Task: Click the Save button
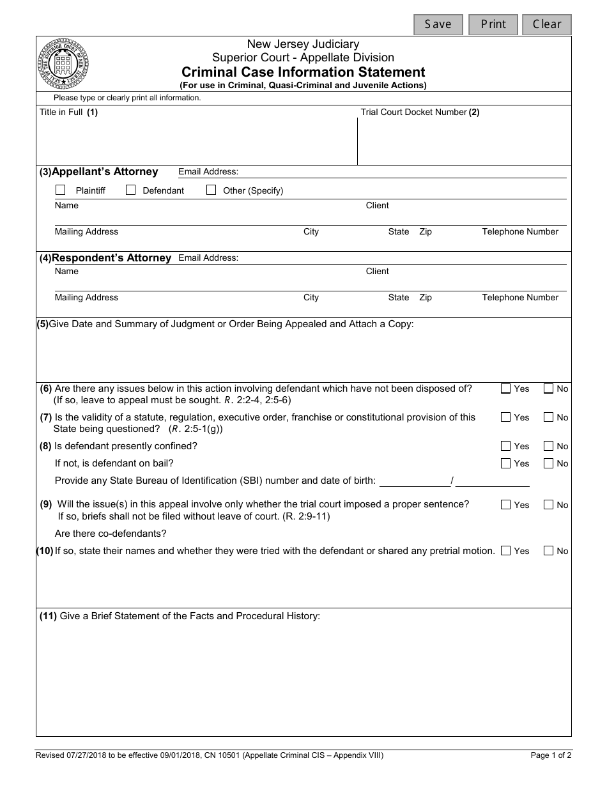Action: [x=438, y=24]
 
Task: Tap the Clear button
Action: [x=547, y=24]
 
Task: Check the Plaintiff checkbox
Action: [x=61, y=190]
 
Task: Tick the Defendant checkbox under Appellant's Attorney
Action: [x=131, y=190]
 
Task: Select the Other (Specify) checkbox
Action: [x=211, y=190]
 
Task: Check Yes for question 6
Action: [x=506, y=389]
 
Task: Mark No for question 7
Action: [x=548, y=417]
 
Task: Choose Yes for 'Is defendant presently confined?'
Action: [x=506, y=446]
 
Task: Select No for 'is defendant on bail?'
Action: [x=548, y=463]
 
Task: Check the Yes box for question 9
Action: [x=506, y=505]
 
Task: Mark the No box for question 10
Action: [x=548, y=551]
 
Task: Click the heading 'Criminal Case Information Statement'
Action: [x=303, y=72]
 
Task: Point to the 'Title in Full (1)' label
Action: [x=69, y=112]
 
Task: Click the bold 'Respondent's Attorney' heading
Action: [x=111, y=258]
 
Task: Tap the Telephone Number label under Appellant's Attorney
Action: [x=520, y=232]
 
